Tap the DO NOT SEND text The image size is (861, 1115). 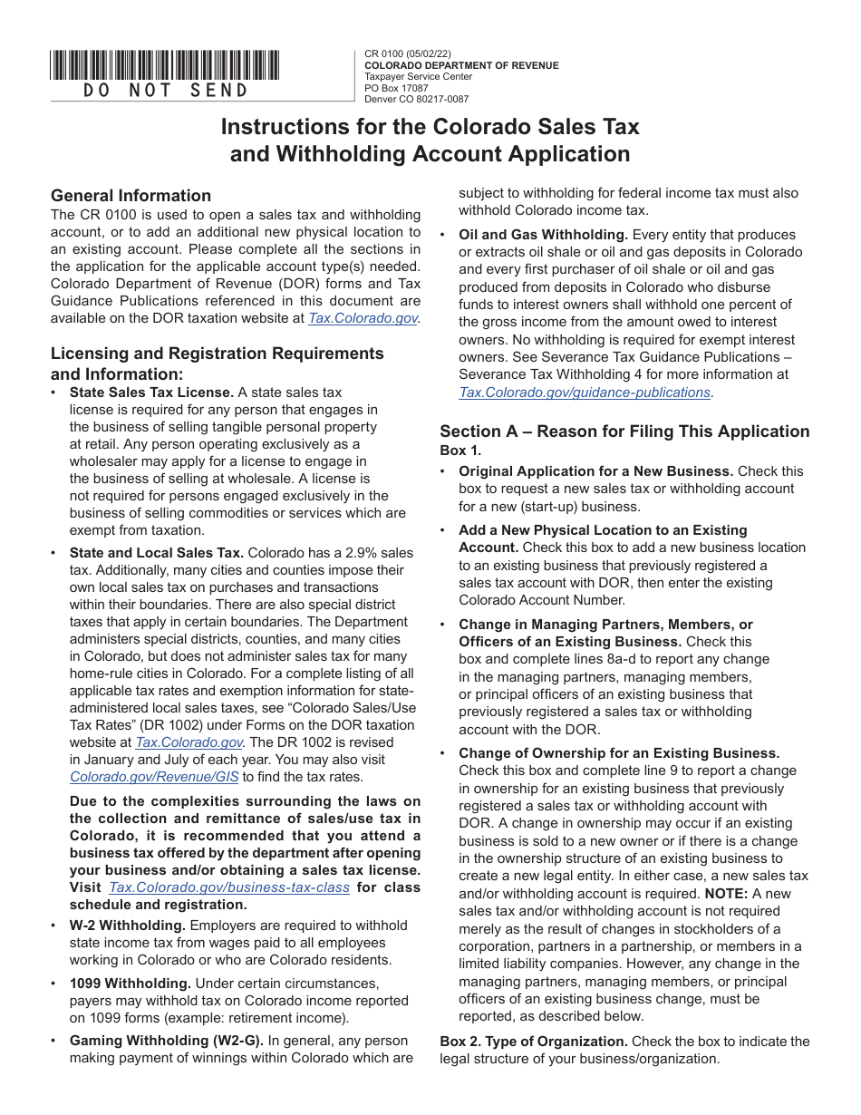[x=165, y=90]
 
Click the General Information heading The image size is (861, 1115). [x=131, y=196]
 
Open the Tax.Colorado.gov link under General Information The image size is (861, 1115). [x=363, y=318]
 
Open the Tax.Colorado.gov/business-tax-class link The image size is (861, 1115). [x=229, y=887]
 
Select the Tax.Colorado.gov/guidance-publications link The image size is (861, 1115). [x=585, y=393]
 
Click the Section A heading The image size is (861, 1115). [x=624, y=431]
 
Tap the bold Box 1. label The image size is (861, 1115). [x=461, y=451]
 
